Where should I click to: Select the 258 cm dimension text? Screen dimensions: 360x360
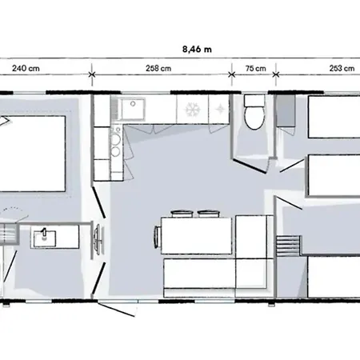coord(160,68)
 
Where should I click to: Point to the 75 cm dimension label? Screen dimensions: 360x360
coord(255,68)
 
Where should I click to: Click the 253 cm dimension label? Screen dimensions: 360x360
coord(342,68)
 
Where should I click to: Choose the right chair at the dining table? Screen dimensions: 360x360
coord(208,213)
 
